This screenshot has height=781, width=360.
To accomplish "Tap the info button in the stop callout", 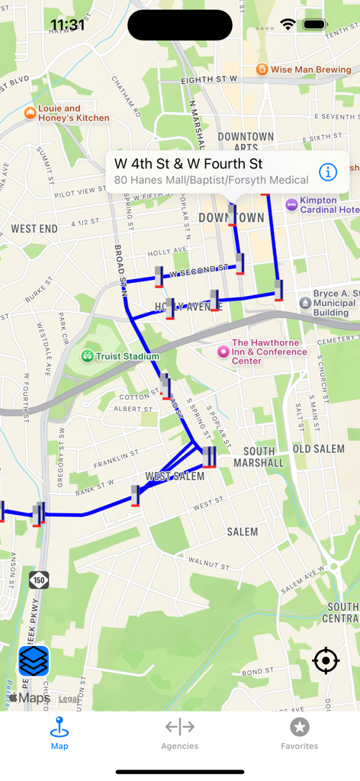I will pyautogui.click(x=328, y=172).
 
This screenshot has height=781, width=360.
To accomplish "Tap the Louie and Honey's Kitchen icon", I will pyautogui.click(x=31, y=114).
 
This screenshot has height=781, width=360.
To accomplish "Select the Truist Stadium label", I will pyautogui.click(x=127, y=356).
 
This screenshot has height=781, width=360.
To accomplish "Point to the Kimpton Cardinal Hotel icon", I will pyautogui.click(x=291, y=204).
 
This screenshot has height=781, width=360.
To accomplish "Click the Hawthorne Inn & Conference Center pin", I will pyautogui.click(x=223, y=352).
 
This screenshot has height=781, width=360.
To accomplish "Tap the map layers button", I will pyautogui.click(x=34, y=661).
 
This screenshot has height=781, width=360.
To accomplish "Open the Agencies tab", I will pyautogui.click(x=179, y=734).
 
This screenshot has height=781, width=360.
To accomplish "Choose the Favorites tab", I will pyautogui.click(x=299, y=734).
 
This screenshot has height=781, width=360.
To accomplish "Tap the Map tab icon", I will pyautogui.click(x=59, y=727).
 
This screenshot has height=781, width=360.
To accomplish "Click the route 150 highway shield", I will pyautogui.click(x=39, y=580).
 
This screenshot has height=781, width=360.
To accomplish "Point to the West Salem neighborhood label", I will pyautogui.click(x=175, y=477).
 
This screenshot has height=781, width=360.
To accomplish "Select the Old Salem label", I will pyautogui.click(x=319, y=448).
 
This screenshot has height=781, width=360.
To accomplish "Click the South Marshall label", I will pyautogui.click(x=259, y=457).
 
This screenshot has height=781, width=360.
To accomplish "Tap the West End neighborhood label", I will pyautogui.click(x=34, y=229).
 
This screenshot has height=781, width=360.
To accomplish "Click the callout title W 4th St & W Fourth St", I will pyautogui.click(x=188, y=163).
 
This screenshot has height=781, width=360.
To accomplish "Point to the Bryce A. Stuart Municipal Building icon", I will pyautogui.click(x=305, y=302).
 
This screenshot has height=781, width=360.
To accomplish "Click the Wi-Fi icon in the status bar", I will pyautogui.click(x=288, y=24).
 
